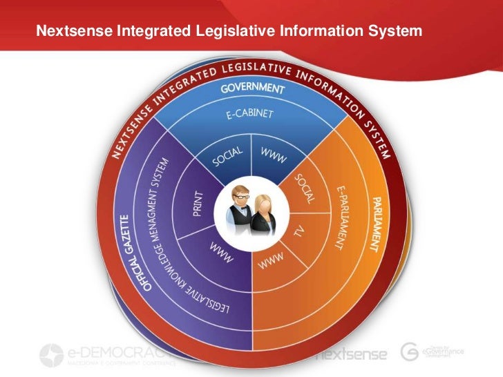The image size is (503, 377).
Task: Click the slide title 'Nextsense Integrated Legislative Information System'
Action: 228,31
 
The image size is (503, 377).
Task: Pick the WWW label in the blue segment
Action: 273,155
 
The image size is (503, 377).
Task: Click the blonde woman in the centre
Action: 265,214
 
